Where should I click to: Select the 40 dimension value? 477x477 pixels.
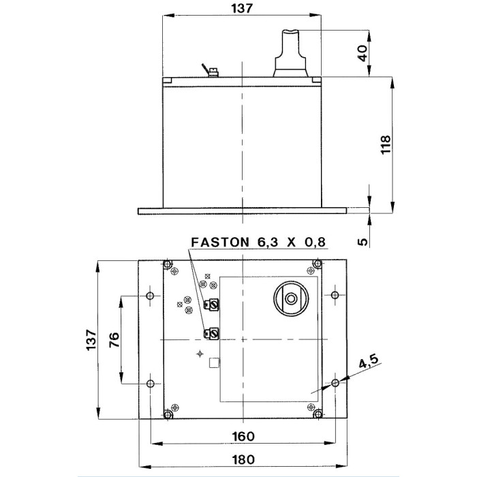363,52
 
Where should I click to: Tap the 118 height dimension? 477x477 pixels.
386,145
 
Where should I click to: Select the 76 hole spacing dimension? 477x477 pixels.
114,339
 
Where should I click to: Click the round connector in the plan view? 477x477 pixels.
292,298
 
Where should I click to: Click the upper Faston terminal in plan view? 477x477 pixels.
212,305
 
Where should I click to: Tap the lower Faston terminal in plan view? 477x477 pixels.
211,333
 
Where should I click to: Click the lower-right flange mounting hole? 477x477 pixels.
335,384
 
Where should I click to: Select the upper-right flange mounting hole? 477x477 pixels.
335,296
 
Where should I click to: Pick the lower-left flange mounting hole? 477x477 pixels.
151,384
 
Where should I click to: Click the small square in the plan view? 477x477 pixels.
214,362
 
